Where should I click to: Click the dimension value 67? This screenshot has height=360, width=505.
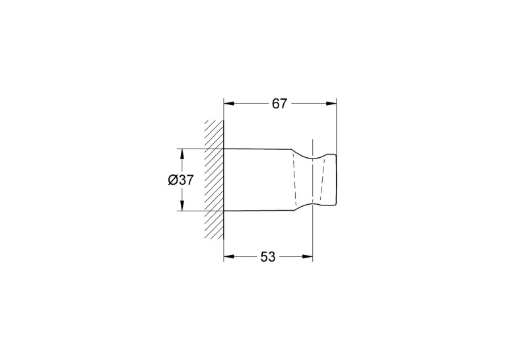[x=279, y=104]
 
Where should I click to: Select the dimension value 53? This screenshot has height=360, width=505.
[x=268, y=257]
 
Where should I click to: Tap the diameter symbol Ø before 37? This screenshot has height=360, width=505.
[x=173, y=180]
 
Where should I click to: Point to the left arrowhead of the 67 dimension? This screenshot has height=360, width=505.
[x=228, y=104]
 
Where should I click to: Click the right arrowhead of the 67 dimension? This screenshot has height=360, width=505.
[x=331, y=104]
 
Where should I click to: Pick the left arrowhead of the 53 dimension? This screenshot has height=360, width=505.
[x=228, y=256]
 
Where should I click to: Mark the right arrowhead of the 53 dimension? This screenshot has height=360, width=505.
[x=308, y=256]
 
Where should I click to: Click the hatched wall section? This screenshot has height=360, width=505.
[x=214, y=180]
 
